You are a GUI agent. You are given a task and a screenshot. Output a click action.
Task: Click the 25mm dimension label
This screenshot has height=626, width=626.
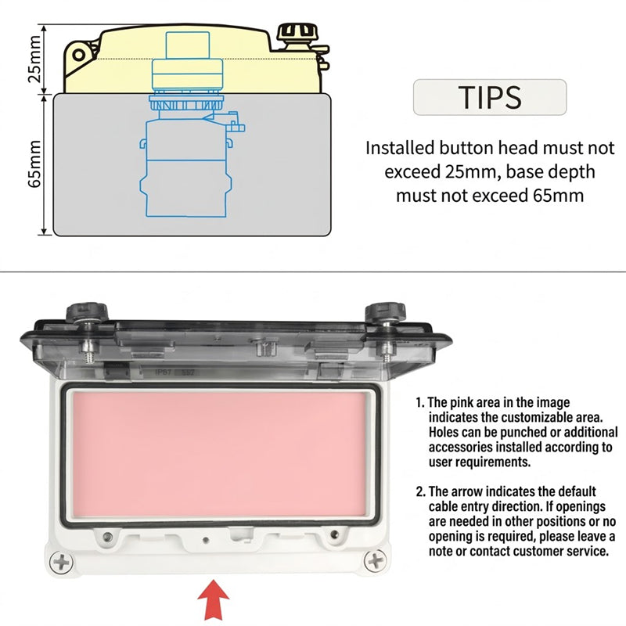[x=34, y=59]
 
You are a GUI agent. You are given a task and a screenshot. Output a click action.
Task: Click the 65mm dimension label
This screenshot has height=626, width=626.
[x=34, y=164]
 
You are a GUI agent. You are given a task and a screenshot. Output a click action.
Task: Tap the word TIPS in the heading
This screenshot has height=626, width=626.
[x=490, y=97]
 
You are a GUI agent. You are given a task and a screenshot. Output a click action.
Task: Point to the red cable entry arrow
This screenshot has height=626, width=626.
[x=214, y=599]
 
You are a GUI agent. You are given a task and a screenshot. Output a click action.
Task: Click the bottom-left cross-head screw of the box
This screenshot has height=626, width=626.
[x=62, y=562]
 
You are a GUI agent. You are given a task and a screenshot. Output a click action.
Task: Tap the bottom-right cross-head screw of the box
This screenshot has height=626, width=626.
[x=376, y=561]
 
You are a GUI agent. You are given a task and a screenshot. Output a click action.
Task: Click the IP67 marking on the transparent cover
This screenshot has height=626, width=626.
[x=163, y=372]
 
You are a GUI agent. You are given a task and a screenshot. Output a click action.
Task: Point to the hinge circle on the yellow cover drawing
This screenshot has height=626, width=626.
[x=79, y=55]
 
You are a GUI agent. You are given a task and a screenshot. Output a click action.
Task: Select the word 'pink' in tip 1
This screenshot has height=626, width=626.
[x=464, y=402]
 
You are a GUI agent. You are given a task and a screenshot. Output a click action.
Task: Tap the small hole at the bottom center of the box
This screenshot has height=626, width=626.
[x=206, y=540]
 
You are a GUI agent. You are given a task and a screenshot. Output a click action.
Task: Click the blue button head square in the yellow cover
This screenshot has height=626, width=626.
[x=188, y=45]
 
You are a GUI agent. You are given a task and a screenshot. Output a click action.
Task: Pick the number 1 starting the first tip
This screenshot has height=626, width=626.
[x=419, y=402]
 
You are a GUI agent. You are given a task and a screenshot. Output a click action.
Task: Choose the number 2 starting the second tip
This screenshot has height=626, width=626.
[x=420, y=491]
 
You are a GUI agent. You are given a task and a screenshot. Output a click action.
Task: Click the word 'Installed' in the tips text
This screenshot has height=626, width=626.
[x=400, y=148]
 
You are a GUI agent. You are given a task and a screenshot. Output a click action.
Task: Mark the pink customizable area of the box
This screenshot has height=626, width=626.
[x=220, y=454]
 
